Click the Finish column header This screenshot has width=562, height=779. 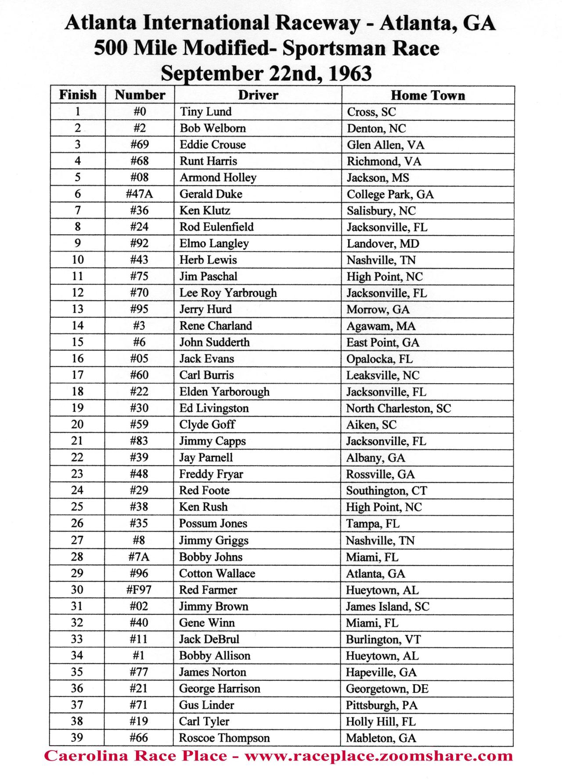tap(78, 95)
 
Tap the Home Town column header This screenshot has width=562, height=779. tap(428, 95)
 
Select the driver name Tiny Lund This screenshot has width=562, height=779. tap(205, 111)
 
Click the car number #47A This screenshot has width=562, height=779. tap(139, 194)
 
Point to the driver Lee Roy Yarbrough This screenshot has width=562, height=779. tap(228, 293)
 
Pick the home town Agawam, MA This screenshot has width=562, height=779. tap(381, 326)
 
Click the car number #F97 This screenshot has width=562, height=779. tap(139, 590)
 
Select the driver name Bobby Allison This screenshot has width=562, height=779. tap(214, 656)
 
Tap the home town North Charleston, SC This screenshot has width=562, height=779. tap(398, 409)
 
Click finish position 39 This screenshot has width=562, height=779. tap(77, 738)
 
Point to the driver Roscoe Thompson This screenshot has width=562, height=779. tap(224, 738)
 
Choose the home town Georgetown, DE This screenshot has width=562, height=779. tap(387, 689)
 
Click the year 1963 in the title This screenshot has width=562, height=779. tap(350, 73)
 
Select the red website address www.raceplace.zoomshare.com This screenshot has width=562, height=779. tap(378, 756)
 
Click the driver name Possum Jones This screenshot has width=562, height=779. tap(213, 524)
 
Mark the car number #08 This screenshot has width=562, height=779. tap(139, 177)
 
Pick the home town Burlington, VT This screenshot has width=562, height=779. tap(383, 639)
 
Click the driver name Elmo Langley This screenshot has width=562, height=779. tap(214, 244)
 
